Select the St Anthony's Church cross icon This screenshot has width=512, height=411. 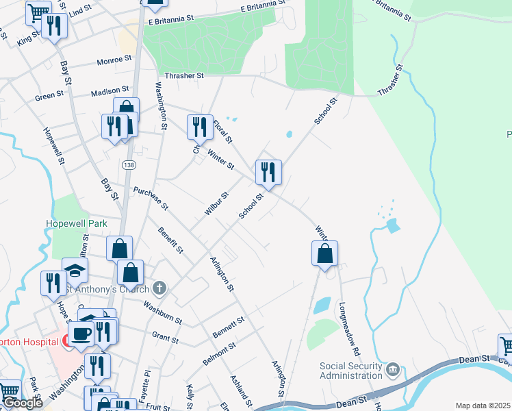tap(159, 288)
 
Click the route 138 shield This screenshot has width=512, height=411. tap(129, 165)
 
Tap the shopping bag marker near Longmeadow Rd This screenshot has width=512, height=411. tap(325, 253)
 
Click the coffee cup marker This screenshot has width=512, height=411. tap(81, 334)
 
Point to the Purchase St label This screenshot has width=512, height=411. tap(151, 199)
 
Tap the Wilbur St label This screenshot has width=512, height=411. tap(216, 203)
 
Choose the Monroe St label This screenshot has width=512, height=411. tap(114, 60)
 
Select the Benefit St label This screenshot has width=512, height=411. tap(170, 240)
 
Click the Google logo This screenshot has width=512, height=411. tap(23, 403)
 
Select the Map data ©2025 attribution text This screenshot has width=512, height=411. tap(483, 406)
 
